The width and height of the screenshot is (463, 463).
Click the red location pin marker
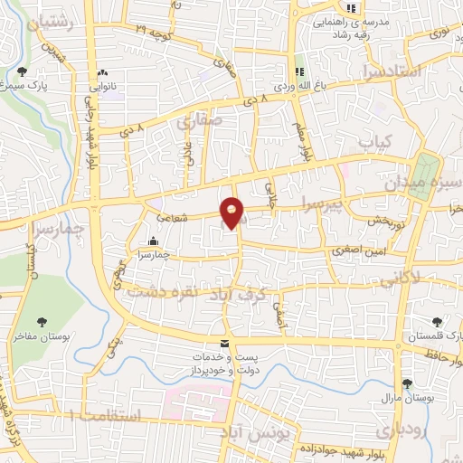[x=232, y=213]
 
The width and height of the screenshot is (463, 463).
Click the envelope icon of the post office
[x=224, y=343]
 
